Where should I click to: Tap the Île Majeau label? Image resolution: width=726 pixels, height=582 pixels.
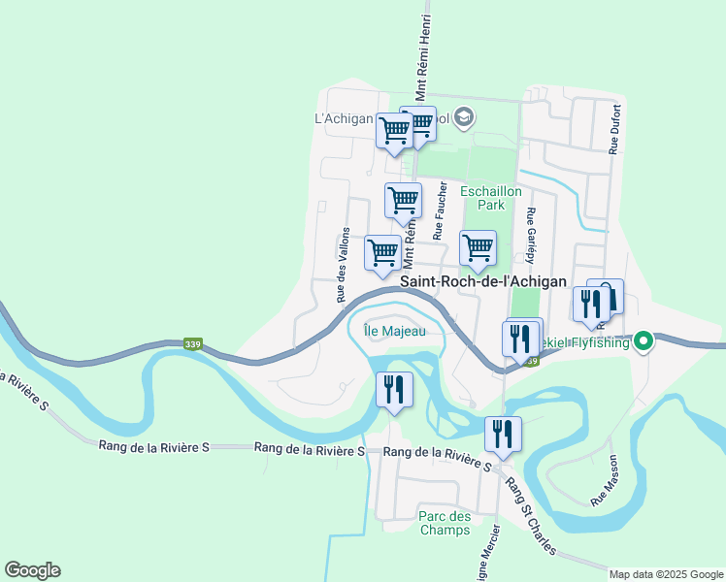389,330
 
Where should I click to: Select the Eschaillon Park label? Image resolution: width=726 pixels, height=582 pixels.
491,199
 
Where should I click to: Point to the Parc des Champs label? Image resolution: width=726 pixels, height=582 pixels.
445,523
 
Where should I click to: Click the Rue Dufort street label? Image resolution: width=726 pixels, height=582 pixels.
614,130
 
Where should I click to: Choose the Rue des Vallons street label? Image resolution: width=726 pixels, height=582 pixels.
343,265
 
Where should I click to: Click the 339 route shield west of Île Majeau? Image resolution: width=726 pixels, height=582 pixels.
195,343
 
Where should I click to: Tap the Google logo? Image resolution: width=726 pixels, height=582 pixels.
32,570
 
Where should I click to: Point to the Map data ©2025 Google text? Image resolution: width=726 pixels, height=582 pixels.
666,574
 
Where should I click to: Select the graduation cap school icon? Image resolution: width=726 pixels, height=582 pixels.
464,118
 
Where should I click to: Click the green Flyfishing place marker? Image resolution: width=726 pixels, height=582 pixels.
643,341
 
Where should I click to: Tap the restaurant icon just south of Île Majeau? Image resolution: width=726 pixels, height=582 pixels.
394,390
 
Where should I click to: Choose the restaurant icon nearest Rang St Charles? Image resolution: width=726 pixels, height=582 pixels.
503,434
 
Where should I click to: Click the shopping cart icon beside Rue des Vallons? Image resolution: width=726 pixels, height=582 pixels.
382,252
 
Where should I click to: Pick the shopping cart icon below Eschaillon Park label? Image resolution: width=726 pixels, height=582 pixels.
478,247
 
